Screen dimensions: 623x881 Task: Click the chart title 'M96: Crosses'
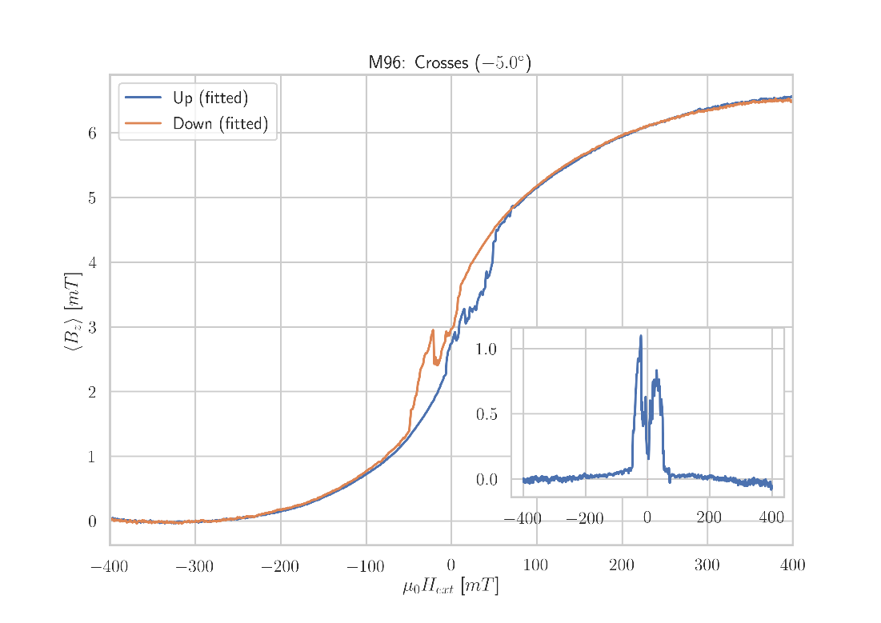(x=450, y=63)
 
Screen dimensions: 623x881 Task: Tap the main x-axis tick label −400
(x=109, y=567)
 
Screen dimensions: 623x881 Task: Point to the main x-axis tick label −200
(x=280, y=567)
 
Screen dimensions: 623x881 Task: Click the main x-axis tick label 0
(x=451, y=567)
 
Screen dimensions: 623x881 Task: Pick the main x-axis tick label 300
(x=707, y=567)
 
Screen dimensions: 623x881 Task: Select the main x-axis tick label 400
(x=792, y=567)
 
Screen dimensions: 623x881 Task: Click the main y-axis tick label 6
(x=92, y=134)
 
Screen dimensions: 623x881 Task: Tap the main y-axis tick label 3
(x=92, y=327)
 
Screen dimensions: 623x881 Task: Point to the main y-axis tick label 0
(x=92, y=522)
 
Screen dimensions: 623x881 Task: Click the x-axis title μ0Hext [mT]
(x=451, y=587)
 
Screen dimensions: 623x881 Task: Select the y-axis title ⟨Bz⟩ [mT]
(x=72, y=312)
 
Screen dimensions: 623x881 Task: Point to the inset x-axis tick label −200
(x=585, y=518)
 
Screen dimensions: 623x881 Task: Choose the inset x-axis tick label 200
(x=709, y=518)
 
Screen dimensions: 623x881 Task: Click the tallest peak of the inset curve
(x=641, y=336)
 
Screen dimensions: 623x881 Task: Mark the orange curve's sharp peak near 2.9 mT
(x=433, y=330)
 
